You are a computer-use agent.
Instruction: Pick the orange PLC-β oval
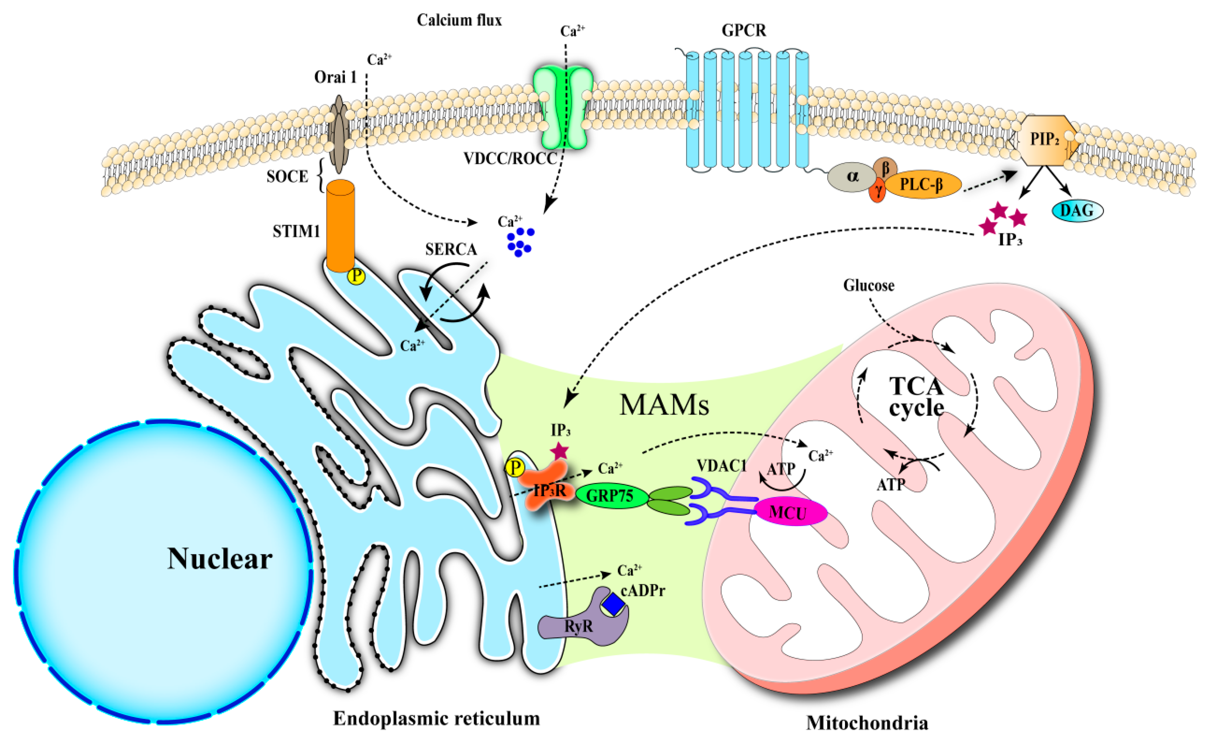tap(922, 185)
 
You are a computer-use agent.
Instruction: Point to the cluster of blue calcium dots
tap(520, 242)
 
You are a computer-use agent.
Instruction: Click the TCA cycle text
tap(916, 396)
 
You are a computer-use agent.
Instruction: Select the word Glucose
tap(869, 285)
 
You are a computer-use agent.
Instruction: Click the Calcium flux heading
tap(459, 20)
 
